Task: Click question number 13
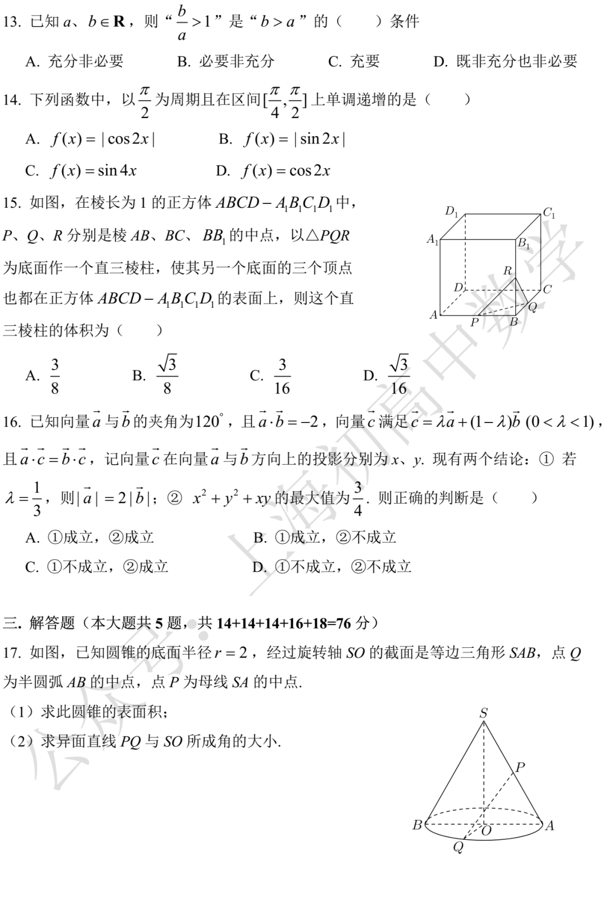(x=11, y=22)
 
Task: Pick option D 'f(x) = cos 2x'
(x=274, y=171)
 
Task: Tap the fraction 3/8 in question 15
(x=55, y=376)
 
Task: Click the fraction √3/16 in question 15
(x=398, y=376)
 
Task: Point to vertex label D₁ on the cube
(x=452, y=211)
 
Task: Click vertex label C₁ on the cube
(x=549, y=213)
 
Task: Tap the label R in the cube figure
(x=507, y=271)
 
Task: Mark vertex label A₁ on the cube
(x=433, y=239)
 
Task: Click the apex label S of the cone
(x=483, y=713)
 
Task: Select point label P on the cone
(x=520, y=767)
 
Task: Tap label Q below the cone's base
(x=459, y=847)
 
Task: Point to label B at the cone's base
(x=417, y=825)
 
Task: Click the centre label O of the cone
(x=486, y=830)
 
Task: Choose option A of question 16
(x=90, y=537)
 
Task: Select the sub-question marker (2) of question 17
(x=22, y=741)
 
